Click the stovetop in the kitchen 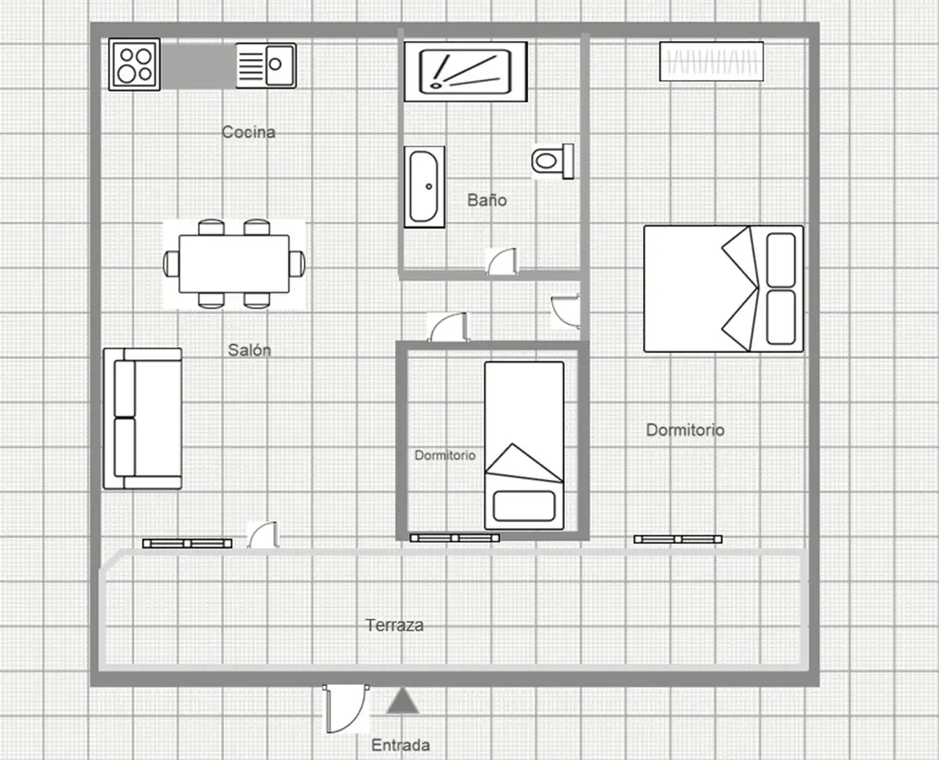point(134,65)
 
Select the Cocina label point(249,132)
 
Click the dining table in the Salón point(234,263)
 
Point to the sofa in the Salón point(143,418)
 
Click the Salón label point(249,350)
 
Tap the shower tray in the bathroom point(466,72)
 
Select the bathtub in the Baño point(424,187)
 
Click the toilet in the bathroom point(553,161)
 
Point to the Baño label point(487,200)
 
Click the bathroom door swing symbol point(502,261)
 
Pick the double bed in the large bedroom point(724,289)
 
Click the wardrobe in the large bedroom point(712,62)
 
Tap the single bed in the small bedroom point(525,446)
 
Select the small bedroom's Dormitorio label point(445,455)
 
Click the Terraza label point(395,625)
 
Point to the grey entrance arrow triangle point(402,701)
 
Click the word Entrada point(401,745)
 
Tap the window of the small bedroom point(455,538)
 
